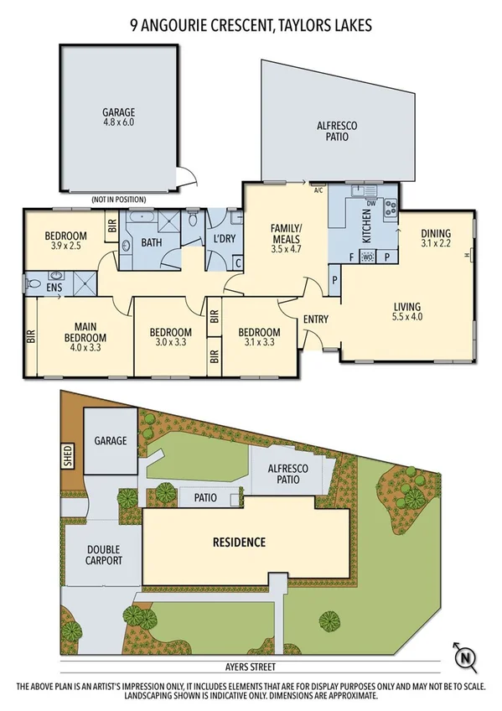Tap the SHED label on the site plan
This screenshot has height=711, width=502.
[x=68, y=456]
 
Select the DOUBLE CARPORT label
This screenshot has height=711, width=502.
[x=105, y=555]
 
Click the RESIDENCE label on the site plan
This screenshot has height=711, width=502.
[x=238, y=542]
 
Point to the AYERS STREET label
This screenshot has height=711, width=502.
[x=251, y=667]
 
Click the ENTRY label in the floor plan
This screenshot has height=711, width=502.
[x=316, y=319]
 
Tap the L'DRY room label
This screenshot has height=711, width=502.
[x=225, y=240]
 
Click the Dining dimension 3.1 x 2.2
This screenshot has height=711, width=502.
[x=436, y=245]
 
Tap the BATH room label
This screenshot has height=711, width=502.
[x=152, y=243]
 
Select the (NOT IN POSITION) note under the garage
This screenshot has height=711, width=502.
[x=118, y=200]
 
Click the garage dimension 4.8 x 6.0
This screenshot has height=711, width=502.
[x=118, y=122]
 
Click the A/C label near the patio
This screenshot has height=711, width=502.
[x=318, y=189]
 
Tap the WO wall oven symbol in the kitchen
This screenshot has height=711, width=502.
[x=366, y=257]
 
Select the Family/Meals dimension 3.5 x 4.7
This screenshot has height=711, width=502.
[x=285, y=249]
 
